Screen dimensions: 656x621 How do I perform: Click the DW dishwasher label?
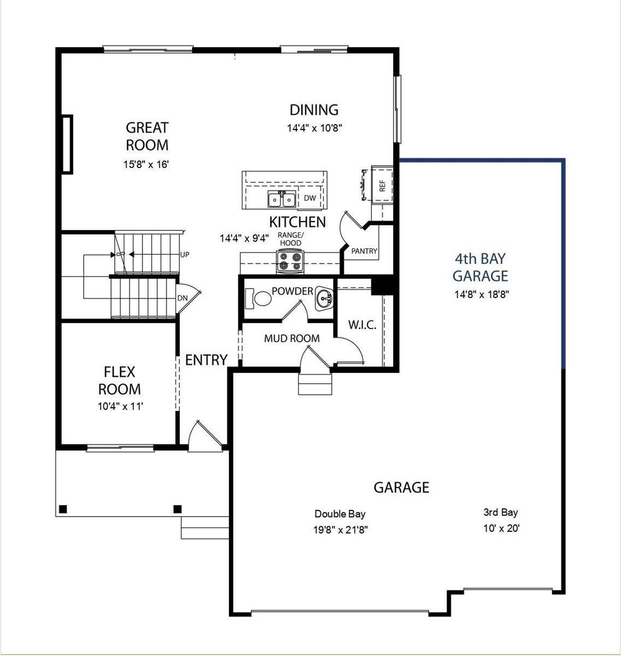tap(310, 198)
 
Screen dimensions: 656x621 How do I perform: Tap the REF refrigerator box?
tap(382, 185)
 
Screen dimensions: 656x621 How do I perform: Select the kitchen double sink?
tap(282, 200)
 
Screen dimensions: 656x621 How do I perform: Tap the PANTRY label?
tap(364, 251)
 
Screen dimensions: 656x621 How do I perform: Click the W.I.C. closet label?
tap(362, 325)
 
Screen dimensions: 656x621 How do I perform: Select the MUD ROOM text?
tap(292, 338)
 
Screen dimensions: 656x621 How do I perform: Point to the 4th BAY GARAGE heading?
tap(481, 267)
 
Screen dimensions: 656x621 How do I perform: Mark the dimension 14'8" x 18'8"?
tap(482, 294)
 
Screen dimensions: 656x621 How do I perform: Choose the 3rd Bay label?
tap(500, 512)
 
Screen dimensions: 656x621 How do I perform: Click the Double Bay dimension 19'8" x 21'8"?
tap(340, 529)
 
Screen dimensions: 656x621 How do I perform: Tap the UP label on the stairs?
tap(185, 254)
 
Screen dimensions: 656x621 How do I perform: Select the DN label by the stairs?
tap(183, 298)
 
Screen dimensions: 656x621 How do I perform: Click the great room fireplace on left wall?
tap(67, 144)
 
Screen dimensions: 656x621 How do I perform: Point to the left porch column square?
tap(63, 509)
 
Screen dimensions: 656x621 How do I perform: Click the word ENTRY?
tap(206, 360)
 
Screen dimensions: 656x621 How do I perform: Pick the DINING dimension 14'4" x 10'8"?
tap(314, 128)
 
